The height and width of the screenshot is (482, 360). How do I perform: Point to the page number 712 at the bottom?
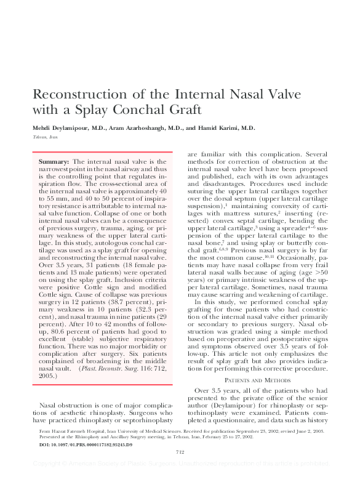point(180,469)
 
